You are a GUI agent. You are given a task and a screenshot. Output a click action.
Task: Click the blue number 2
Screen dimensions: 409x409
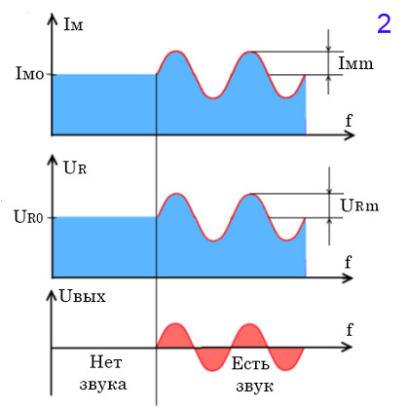tap(384, 23)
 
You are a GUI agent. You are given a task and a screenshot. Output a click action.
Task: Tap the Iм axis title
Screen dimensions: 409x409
tap(73, 23)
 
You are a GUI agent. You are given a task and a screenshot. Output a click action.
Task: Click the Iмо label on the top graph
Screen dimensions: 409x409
tap(29, 73)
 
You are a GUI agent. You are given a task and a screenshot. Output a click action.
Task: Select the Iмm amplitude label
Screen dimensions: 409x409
tap(355, 63)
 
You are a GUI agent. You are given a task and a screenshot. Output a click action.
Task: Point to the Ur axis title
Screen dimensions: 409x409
tap(75, 167)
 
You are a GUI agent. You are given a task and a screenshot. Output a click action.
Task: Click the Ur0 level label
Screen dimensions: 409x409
tap(28, 216)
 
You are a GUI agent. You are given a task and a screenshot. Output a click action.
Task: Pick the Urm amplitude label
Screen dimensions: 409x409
tap(359, 205)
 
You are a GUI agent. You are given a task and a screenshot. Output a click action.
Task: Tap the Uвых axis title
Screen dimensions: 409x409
tap(83, 296)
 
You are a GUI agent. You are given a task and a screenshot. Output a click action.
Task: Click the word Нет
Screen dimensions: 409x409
tap(106, 362)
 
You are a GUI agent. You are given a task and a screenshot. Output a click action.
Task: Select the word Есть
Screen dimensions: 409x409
tap(250, 363)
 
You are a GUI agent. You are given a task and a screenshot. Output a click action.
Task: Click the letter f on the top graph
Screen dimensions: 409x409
tap(349, 121)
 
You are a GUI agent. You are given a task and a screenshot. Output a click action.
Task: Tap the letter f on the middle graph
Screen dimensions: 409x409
tap(348, 262)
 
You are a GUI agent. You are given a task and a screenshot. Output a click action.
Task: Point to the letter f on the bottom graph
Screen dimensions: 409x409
tap(350, 330)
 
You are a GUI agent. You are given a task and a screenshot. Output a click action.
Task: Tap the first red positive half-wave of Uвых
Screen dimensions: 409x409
tap(175, 336)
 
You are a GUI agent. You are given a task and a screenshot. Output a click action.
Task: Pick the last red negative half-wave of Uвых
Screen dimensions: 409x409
tap(286, 359)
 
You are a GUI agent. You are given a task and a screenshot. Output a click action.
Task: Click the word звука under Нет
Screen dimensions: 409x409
tap(103, 385)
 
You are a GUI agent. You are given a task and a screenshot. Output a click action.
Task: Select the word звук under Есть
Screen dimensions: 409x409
tap(254, 387)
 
